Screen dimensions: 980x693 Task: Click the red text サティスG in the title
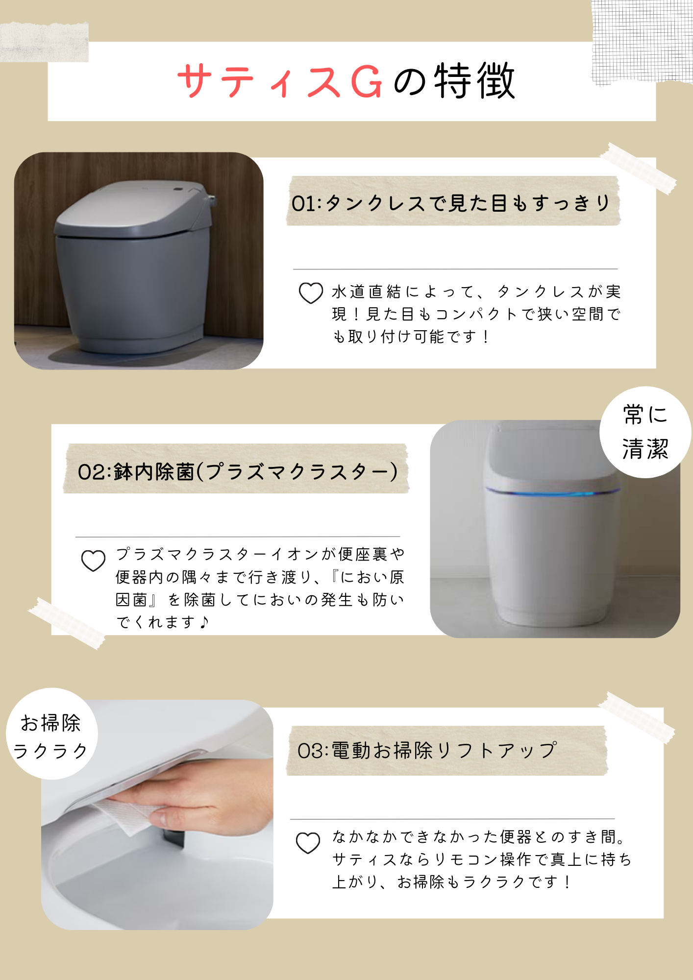tap(279, 81)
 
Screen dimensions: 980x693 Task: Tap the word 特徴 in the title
tap(474, 81)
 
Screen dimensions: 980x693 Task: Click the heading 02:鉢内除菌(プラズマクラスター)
tap(237, 471)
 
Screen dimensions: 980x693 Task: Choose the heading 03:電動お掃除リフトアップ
tap(427, 750)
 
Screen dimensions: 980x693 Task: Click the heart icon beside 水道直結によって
tap(311, 293)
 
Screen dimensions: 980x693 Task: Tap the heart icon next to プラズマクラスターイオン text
tap(93, 561)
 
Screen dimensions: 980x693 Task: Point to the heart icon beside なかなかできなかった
tap(308, 843)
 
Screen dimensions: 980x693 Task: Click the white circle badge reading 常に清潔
tap(645, 432)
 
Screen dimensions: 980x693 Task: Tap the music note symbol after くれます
tap(204, 622)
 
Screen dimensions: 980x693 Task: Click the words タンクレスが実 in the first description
tap(559, 292)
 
